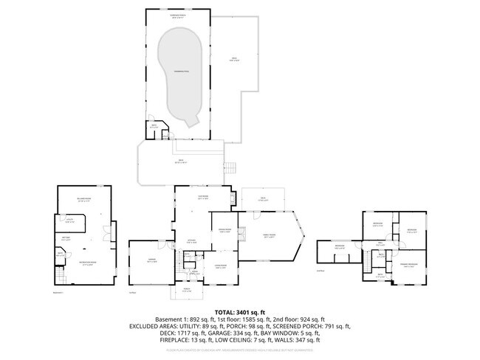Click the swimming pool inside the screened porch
tap(182, 70)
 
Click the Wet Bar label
tap(66, 238)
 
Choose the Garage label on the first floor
tap(151, 261)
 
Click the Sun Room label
tap(203, 198)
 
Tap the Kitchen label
tap(190, 240)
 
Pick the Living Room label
tap(220, 268)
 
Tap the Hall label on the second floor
tap(380, 244)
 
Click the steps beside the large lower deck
tap(233, 166)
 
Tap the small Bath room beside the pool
tap(155, 128)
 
